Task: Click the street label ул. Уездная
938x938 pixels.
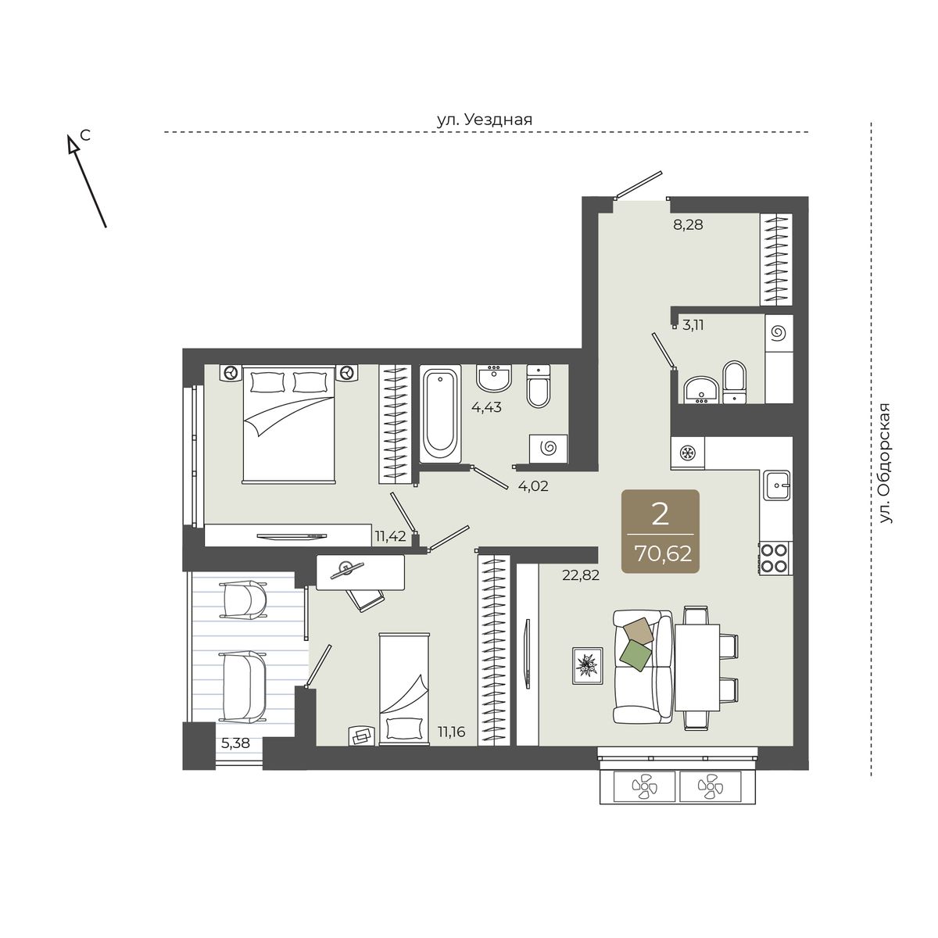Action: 485,120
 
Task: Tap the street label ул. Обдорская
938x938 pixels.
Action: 886,464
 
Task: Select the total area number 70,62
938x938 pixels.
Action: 663,554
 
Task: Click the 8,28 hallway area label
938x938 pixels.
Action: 688,225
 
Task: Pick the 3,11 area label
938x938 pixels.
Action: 693,325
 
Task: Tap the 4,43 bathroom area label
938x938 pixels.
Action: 486,407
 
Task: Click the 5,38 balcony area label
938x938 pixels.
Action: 235,743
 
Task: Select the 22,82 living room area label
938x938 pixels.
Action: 581,575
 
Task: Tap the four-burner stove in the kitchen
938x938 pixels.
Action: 775,558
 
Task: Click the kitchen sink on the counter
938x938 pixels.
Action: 776,485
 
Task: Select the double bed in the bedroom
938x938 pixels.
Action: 289,425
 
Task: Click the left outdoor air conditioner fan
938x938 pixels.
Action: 645,787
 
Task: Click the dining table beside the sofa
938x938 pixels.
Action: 697,668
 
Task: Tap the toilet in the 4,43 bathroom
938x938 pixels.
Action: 539,386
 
